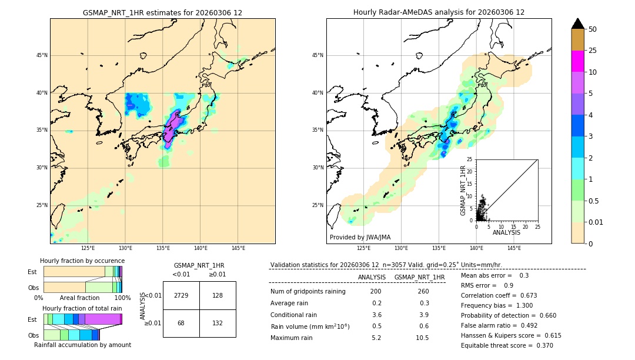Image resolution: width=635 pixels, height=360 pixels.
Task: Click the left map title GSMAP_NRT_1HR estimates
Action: (x=162, y=12)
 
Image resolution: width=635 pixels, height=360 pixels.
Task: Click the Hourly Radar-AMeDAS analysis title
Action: (x=439, y=12)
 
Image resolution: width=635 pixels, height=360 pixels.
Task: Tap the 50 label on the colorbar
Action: (x=593, y=29)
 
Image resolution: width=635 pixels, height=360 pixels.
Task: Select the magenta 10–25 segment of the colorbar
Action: (x=577, y=61)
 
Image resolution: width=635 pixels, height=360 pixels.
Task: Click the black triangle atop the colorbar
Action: (x=577, y=24)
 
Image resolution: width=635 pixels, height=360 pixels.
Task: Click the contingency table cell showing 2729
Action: (x=181, y=295)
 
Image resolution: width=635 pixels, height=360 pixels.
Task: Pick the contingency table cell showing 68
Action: (x=181, y=323)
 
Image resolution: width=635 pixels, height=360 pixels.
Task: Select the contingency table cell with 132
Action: (x=218, y=323)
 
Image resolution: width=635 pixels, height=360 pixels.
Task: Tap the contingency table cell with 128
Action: (x=218, y=295)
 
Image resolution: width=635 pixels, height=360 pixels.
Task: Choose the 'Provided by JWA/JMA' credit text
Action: (x=360, y=237)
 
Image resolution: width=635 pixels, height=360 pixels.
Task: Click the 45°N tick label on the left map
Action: (x=42, y=55)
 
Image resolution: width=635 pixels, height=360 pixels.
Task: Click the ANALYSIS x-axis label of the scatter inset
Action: (x=506, y=232)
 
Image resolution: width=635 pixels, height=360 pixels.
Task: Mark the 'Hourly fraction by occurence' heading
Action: (x=82, y=261)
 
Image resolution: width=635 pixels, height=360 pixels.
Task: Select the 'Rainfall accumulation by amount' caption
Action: (x=82, y=345)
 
